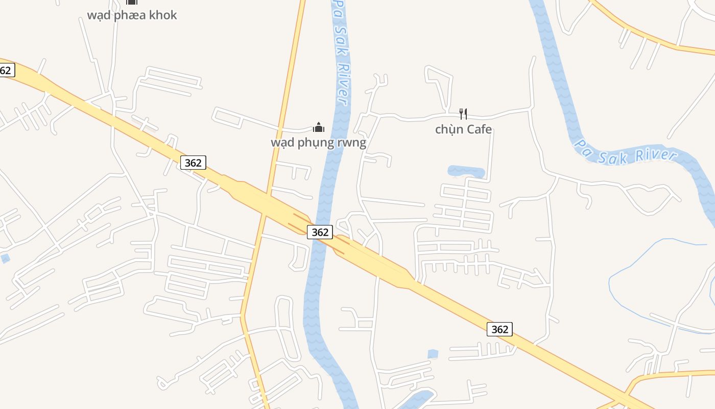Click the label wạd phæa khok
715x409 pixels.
click(x=132, y=15)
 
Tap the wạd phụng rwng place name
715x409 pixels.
click(x=318, y=142)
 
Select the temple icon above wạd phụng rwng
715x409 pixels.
click(x=319, y=127)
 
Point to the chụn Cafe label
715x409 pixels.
click(x=463, y=129)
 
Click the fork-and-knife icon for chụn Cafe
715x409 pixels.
click(x=463, y=113)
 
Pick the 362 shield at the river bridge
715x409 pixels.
click(x=320, y=232)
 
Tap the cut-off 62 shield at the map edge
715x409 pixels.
click(x=6, y=70)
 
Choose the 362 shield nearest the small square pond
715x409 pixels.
click(x=499, y=329)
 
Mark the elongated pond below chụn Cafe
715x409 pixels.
click(x=466, y=171)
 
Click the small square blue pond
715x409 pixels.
click(x=433, y=354)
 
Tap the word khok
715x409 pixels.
click(x=163, y=15)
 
